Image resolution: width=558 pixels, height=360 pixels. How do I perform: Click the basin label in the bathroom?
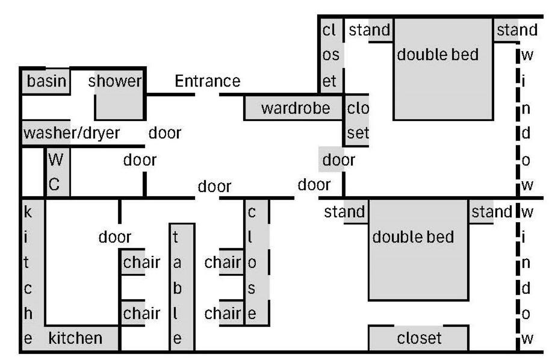[46, 81]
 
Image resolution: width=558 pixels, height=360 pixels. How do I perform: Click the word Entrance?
[207, 81]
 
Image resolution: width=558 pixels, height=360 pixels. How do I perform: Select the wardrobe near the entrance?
[295, 108]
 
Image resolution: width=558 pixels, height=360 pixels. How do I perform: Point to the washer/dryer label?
[71, 132]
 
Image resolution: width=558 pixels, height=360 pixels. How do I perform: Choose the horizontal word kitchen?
[75, 338]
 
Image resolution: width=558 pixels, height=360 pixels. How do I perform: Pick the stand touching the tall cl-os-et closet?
[369, 29]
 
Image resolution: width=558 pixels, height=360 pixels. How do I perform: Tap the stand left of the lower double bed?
[345, 212]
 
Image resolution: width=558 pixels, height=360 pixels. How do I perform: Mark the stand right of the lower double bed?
[491, 212]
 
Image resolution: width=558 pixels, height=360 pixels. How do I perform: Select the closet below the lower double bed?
[418, 338]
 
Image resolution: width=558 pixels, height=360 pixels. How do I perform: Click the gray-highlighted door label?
[338, 160]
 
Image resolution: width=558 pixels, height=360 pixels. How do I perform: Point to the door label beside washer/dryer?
[164, 132]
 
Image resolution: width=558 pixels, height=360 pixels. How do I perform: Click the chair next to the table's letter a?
[141, 262]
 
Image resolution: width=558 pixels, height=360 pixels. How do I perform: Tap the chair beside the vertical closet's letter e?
[223, 313]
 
